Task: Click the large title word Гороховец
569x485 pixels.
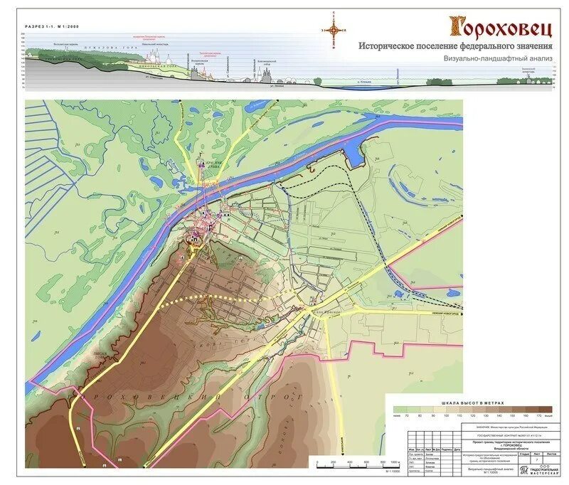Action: point(500,26)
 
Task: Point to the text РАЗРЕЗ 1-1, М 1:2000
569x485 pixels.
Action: point(54,26)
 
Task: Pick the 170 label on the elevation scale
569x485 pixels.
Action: point(538,415)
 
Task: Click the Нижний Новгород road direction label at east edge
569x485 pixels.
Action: point(445,314)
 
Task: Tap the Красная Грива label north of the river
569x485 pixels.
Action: point(204,161)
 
